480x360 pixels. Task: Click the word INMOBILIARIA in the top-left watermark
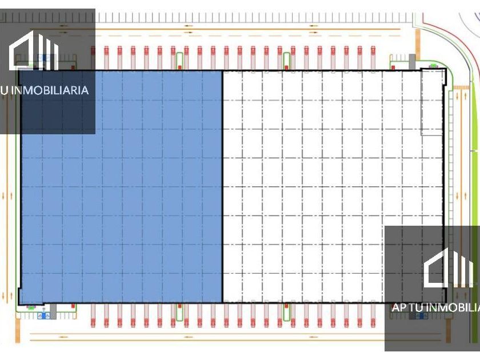click(x=54, y=90)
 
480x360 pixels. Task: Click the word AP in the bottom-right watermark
click(x=399, y=307)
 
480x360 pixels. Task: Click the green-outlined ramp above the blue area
click(x=179, y=61)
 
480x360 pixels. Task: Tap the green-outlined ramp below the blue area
click(x=179, y=312)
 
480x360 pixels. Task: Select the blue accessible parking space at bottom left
click(x=42, y=315)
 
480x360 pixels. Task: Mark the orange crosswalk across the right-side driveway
click(x=461, y=87)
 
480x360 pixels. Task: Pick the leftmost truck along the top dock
click(x=93, y=57)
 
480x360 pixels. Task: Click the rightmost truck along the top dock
click(x=373, y=57)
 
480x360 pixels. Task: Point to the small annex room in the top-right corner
click(x=431, y=103)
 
